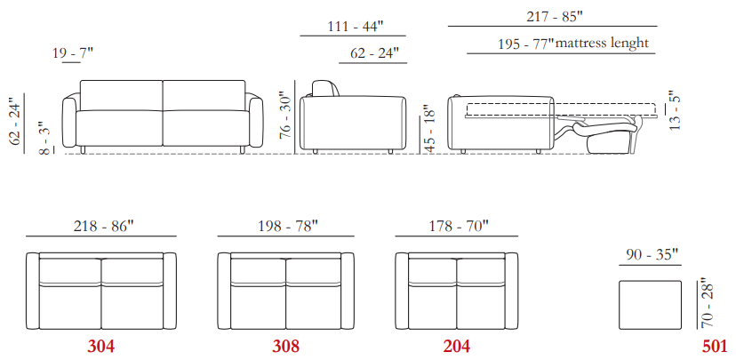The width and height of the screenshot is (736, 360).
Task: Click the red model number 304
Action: click(101, 347)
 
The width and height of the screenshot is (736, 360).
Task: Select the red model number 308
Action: click(286, 347)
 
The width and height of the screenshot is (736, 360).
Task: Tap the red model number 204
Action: click(457, 347)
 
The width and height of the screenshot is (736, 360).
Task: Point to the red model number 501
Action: click(715, 347)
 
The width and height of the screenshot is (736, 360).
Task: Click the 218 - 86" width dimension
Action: click(104, 227)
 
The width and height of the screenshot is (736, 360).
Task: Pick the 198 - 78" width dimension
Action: click(288, 227)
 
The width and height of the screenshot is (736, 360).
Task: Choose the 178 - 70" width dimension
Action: click(459, 227)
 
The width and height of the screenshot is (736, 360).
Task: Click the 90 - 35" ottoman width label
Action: click(652, 255)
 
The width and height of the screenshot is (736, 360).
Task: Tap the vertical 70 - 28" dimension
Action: click(707, 305)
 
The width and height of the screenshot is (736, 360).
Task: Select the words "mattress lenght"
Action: click(603, 44)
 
